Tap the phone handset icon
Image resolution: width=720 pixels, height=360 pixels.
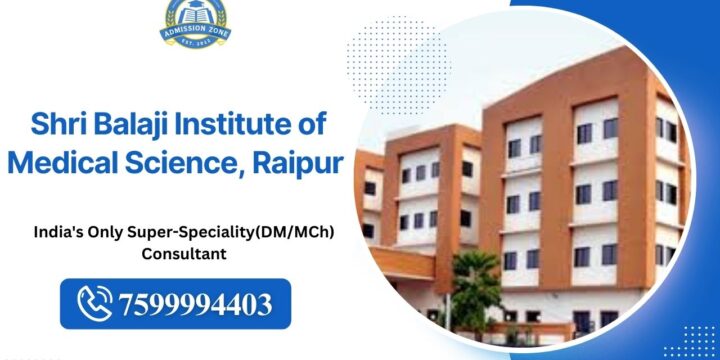(98, 301)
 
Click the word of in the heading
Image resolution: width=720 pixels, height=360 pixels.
(323, 127)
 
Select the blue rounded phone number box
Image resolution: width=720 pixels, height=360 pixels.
(174, 301)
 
